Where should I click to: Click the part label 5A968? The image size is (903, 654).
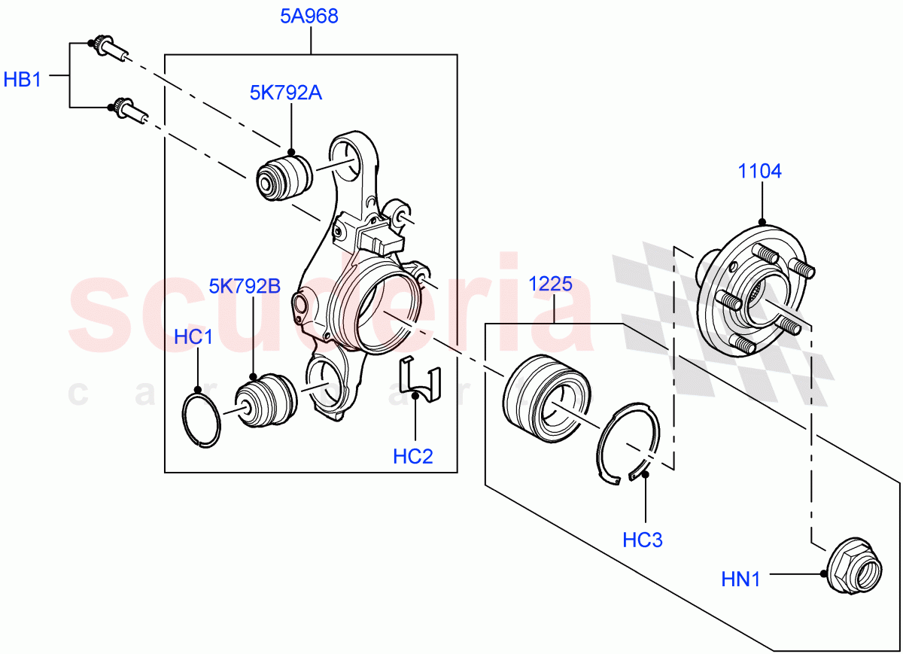(309, 17)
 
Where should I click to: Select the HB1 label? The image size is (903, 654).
(23, 79)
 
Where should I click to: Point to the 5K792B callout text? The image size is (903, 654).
(245, 286)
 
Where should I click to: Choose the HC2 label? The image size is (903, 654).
(413, 455)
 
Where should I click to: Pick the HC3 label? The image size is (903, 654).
(643, 540)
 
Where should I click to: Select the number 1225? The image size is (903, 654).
(550, 284)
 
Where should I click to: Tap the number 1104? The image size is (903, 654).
(759, 172)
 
